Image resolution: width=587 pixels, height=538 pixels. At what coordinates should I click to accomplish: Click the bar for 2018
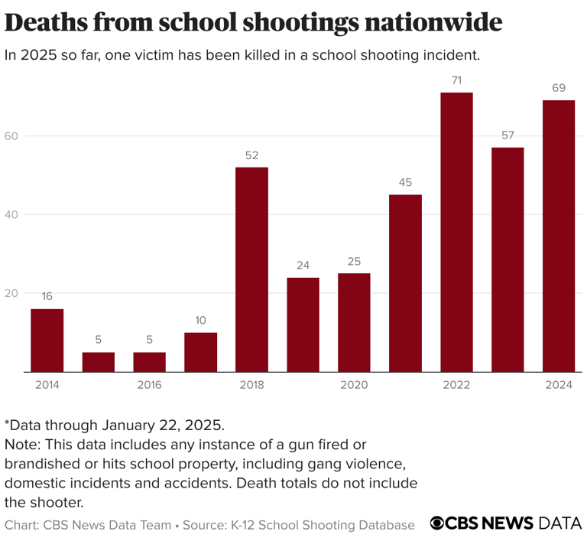(251, 269)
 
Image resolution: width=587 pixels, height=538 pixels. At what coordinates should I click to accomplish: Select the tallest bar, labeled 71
(456, 232)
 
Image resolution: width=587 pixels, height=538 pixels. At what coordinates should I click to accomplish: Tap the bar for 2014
(47, 340)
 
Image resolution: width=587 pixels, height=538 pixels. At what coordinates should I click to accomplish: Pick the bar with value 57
(508, 259)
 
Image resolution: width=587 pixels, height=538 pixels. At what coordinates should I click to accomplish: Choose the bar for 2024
(559, 236)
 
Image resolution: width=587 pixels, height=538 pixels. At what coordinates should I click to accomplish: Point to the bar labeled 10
(200, 352)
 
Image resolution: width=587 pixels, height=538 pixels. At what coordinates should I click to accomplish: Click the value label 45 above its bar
(405, 183)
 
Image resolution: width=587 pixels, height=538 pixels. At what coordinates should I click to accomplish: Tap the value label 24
(303, 266)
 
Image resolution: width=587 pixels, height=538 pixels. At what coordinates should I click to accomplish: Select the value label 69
(559, 89)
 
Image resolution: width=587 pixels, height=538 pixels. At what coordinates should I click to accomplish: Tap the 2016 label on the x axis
(149, 385)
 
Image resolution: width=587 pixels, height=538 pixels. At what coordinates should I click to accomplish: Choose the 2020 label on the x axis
(354, 385)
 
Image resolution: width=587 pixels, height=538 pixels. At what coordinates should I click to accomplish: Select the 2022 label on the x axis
(456, 385)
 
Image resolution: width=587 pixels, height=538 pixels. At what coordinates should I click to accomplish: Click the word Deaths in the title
(46, 23)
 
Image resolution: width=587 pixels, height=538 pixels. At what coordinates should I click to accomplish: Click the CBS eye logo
(437, 523)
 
